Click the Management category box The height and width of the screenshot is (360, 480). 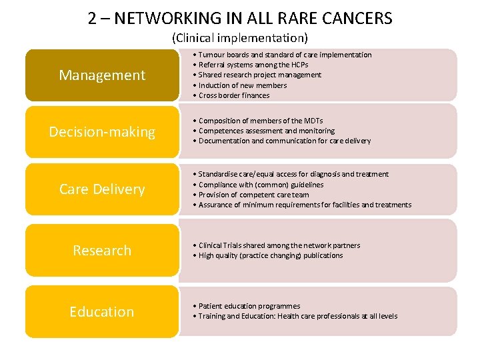pos(102,75)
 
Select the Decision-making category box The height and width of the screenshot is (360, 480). pos(102,132)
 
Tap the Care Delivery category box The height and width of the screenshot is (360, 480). pos(102,189)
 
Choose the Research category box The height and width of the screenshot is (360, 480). pos(102,251)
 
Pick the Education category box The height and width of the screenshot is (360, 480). pos(102,312)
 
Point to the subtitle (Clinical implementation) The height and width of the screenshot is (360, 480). pos(240,37)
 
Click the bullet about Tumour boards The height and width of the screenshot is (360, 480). pos(285,55)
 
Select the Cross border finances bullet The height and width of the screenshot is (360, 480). pos(233,95)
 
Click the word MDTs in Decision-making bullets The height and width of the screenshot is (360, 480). pos(312,121)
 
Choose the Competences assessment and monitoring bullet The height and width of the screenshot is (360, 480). pos(266,131)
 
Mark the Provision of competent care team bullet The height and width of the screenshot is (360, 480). pos(253,195)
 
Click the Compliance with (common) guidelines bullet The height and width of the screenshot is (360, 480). pos(261,185)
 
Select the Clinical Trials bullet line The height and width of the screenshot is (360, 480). pos(279,245)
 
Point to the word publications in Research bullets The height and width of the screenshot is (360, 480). pos(323,255)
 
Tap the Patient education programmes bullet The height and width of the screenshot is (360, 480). pos(249,306)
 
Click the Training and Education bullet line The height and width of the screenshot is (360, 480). pos(297,316)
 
